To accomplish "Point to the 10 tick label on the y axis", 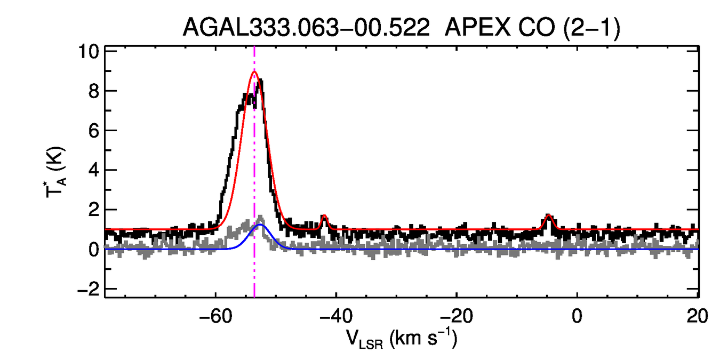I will [87, 52].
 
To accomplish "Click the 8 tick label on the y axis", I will [93, 91].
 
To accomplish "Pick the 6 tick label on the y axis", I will [93, 131].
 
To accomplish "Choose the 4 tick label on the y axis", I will [93, 171].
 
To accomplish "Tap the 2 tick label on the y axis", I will [93, 210].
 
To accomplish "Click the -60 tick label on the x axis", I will [215, 316].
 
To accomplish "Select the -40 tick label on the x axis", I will [335, 316].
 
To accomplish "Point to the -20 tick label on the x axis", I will [456, 316].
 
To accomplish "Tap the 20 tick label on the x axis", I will [697, 316].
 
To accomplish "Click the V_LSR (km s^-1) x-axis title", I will [403, 338].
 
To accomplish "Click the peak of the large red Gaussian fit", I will [254, 72].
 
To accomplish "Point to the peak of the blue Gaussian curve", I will [260, 225].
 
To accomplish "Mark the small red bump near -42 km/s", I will [324, 216].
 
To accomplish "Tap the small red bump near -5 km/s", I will [548, 215].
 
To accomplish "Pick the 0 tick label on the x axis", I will [577, 316].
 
